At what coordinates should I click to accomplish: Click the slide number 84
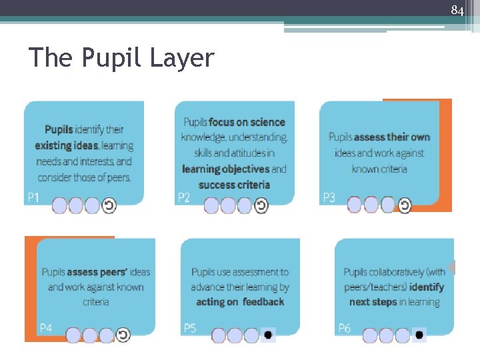(457, 11)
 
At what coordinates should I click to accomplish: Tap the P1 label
(33, 197)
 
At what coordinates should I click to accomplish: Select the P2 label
(184, 197)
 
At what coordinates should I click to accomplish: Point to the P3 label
(329, 197)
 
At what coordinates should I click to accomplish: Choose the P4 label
(46, 327)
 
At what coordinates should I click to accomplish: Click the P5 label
(190, 327)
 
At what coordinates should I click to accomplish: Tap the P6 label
(345, 327)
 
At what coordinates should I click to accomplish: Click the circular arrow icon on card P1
(109, 206)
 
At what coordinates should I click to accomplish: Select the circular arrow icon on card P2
(261, 206)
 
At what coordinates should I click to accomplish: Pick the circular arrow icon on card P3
(405, 205)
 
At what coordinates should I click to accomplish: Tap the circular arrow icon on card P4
(123, 335)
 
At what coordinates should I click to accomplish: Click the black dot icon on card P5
(267, 335)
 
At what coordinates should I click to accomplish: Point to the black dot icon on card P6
(419, 335)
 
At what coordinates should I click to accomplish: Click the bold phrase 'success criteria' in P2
(234, 185)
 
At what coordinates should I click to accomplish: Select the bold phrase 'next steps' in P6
(373, 302)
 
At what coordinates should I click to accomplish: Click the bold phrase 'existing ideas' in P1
(67, 145)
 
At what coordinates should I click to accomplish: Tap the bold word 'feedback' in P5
(263, 302)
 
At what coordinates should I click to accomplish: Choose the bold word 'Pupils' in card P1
(59, 129)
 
